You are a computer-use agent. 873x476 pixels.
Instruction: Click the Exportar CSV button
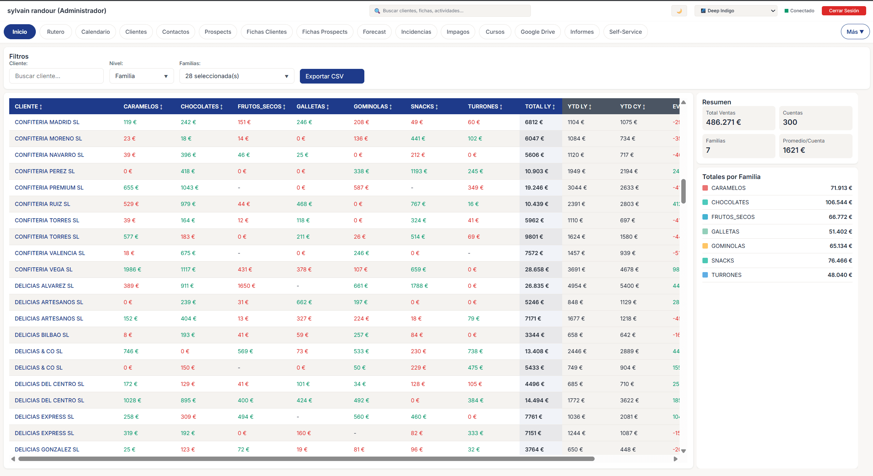pyautogui.click(x=332, y=76)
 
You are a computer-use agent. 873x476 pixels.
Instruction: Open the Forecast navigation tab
pyautogui.click(x=374, y=32)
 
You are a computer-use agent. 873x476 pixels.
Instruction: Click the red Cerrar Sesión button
pyautogui.click(x=843, y=11)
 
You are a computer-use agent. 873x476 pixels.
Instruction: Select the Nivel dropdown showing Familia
pyautogui.click(x=141, y=76)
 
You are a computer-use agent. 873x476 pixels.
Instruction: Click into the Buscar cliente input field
pyautogui.click(x=56, y=76)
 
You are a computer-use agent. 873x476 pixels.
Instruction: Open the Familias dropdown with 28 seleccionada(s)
pyautogui.click(x=236, y=76)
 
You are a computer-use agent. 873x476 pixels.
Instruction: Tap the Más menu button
pyautogui.click(x=855, y=32)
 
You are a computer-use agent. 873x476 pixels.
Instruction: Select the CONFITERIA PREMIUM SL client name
pyautogui.click(x=49, y=188)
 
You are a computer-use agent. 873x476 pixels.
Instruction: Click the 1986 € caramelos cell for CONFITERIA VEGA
pyautogui.click(x=132, y=269)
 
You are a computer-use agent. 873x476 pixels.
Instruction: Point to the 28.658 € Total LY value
pyautogui.click(x=537, y=269)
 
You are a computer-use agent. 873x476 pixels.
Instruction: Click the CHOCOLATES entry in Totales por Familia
pyautogui.click(x=730, y=202)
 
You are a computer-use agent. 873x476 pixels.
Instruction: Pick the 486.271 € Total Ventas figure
pyautogui.click(x=723, y=122)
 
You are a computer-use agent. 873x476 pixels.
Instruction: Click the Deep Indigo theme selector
pyautogui.click(x=736, y=11)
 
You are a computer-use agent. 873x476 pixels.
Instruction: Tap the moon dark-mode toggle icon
pyautogui.click(x=679, y=11)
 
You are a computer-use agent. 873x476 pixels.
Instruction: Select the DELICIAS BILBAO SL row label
pyautogui.click(x=42, y=335)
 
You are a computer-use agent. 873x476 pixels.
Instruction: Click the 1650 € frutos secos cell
pyautogui.click(x=246, y=286)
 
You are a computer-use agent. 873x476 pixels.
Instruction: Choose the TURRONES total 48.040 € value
pyautogui.click(x=840, y=275)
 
